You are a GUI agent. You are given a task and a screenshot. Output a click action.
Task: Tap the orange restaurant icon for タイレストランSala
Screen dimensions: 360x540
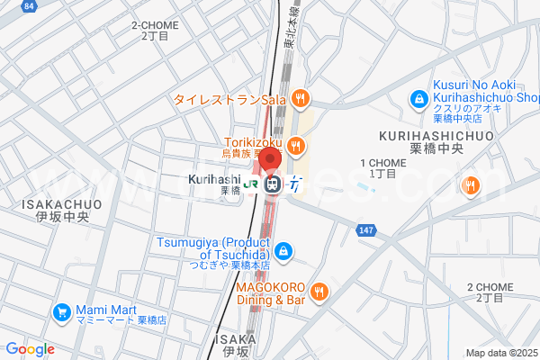pos(301,98)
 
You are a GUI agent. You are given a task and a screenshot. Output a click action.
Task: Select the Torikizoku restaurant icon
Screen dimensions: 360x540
pos(297,145)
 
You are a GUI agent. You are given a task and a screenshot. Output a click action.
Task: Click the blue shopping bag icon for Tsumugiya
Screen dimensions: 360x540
pos(283,250)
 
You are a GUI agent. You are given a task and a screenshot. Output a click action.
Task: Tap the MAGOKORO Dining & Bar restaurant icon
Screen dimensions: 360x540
pos(319,292)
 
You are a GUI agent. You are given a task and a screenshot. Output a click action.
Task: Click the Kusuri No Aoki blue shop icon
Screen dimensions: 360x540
pos(418,98)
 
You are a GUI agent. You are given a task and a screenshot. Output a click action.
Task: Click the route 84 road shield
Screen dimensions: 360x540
pos(30,5)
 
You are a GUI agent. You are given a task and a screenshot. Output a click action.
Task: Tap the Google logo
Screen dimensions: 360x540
pos(30,349)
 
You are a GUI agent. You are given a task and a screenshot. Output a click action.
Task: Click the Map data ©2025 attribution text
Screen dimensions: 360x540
pos(500,353)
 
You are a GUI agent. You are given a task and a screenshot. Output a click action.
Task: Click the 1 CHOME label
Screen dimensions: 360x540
pos(378,167)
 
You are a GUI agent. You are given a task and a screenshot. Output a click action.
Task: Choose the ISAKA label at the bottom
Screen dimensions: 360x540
pos(237,344)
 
